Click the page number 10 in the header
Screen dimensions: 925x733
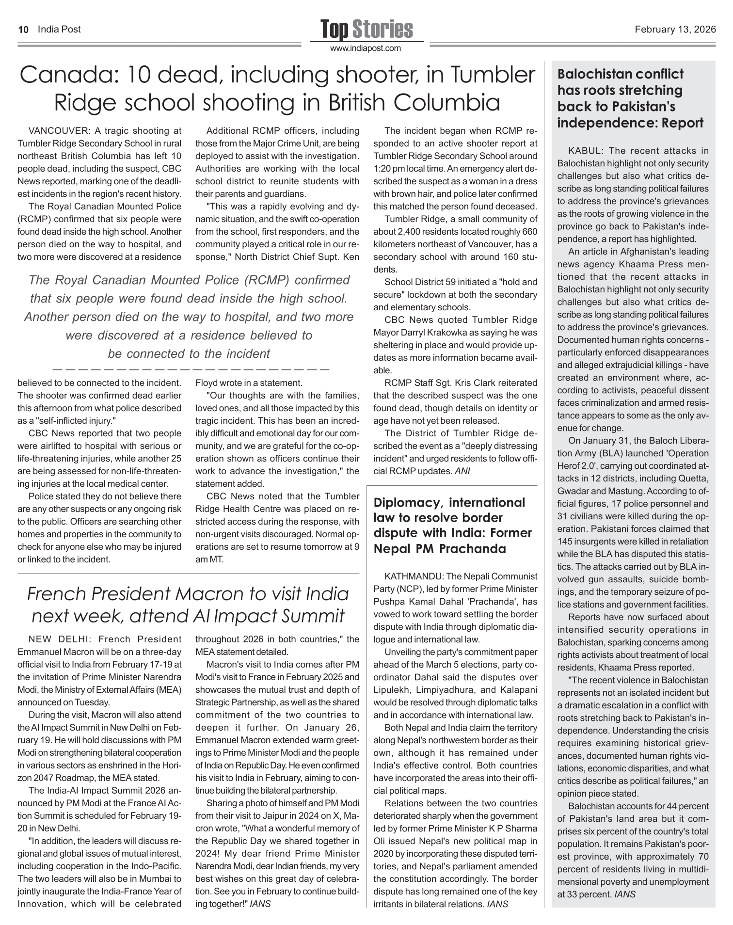coord(22,30)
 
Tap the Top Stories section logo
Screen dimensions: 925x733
coord(366,29)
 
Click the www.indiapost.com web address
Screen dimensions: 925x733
coord(366,48)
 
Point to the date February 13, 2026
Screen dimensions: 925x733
coord(675,30)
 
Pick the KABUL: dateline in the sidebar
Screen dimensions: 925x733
coord(586,151)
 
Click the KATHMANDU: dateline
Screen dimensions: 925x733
coord(414,577)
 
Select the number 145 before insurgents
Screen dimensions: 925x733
coord(564,542)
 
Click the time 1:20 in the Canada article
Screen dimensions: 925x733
coord(382,169)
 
